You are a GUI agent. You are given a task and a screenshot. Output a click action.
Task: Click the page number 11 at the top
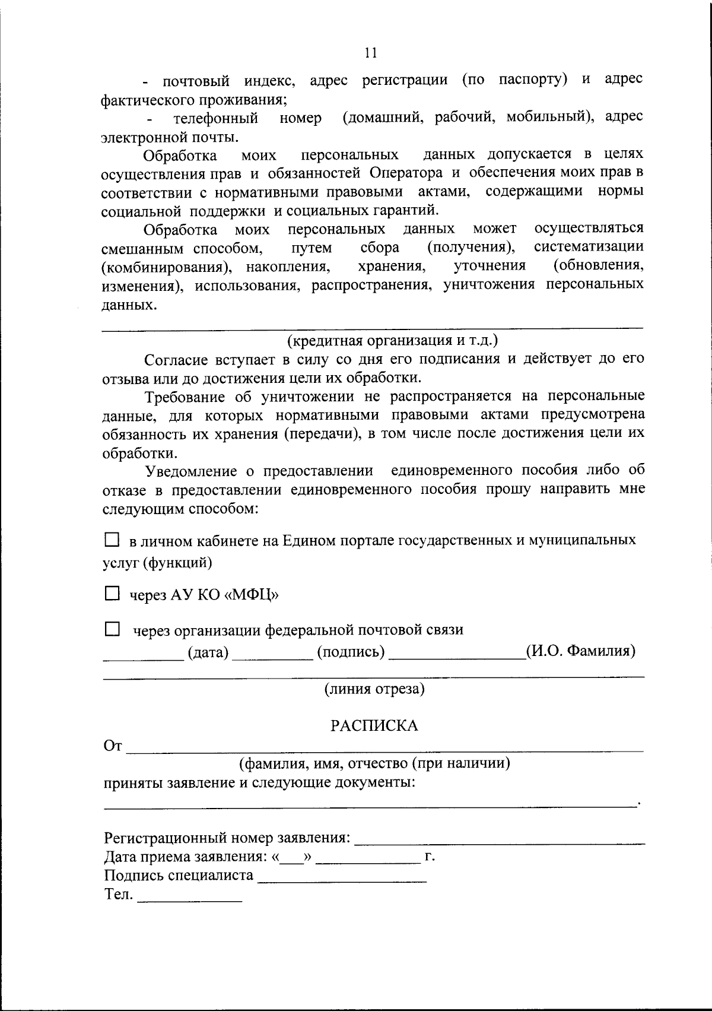(370, 53)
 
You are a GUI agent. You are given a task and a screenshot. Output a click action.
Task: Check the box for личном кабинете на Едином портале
(112, 540)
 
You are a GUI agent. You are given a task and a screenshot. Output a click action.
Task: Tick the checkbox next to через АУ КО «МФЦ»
(112, 594)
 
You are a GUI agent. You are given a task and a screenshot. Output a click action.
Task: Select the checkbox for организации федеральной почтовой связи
(112, 629)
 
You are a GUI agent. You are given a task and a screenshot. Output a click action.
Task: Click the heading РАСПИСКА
(374, 725)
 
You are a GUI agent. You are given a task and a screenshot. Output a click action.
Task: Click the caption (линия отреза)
(374, 689)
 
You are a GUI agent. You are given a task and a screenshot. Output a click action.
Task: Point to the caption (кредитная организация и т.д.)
(393, 341)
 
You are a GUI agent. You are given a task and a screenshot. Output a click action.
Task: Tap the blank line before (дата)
(144, 658)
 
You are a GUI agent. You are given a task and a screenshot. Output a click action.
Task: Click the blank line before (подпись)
(272, 658)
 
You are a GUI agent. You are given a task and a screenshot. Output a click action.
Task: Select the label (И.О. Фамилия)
(581, 651)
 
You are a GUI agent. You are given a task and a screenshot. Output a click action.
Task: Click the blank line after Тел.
(189, 900)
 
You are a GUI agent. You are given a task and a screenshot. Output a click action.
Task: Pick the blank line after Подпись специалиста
(342, 881)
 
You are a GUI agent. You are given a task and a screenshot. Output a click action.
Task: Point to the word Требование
(186, 396)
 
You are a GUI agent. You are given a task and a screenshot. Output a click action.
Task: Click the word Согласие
(176, 359)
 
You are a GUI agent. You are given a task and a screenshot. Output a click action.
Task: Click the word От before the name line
(113, 746)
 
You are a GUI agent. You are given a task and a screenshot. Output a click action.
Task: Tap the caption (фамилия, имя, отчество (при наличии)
(374, 763)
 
